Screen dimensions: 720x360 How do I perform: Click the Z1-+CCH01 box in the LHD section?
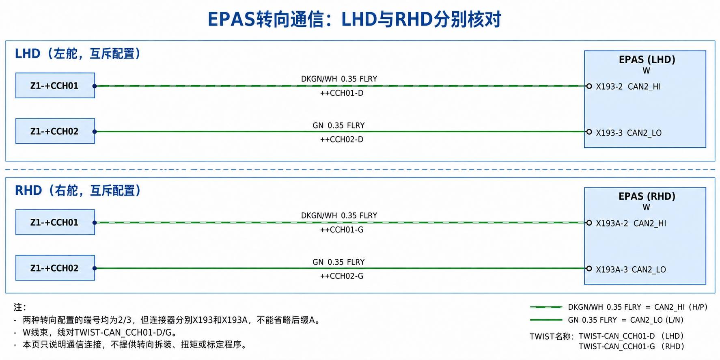point(55,86)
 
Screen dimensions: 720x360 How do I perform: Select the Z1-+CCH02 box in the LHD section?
point(55,131)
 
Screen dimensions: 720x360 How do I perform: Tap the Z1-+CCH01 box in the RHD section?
point(55,222)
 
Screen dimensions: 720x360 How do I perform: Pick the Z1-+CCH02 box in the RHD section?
point(55,268)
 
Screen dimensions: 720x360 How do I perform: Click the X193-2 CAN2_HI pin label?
point(628,86)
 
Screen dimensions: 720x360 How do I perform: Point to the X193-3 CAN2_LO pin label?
point(629,133)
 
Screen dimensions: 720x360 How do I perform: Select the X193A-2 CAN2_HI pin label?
point(631,223)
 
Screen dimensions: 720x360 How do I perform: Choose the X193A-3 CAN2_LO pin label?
point(631,269)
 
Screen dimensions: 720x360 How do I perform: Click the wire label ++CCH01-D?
point(342,93)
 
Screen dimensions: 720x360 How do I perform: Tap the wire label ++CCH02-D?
point(342,139)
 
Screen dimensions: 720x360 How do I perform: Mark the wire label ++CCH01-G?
point(342,230)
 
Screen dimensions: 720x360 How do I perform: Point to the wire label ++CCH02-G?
point(342,276)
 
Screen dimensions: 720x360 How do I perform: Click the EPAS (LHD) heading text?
point(647,60)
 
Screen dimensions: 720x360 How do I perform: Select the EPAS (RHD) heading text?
point(647,196)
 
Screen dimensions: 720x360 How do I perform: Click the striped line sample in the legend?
point(546,307)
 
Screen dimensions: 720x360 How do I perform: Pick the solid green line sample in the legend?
point(546,320)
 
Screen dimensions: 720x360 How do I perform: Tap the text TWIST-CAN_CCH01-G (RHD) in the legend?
point(632,346)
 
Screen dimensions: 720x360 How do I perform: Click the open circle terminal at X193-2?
point(589,86)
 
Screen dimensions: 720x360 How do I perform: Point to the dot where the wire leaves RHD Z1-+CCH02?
point(95,268)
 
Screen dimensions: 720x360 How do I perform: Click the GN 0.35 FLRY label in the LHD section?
point(338,125)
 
